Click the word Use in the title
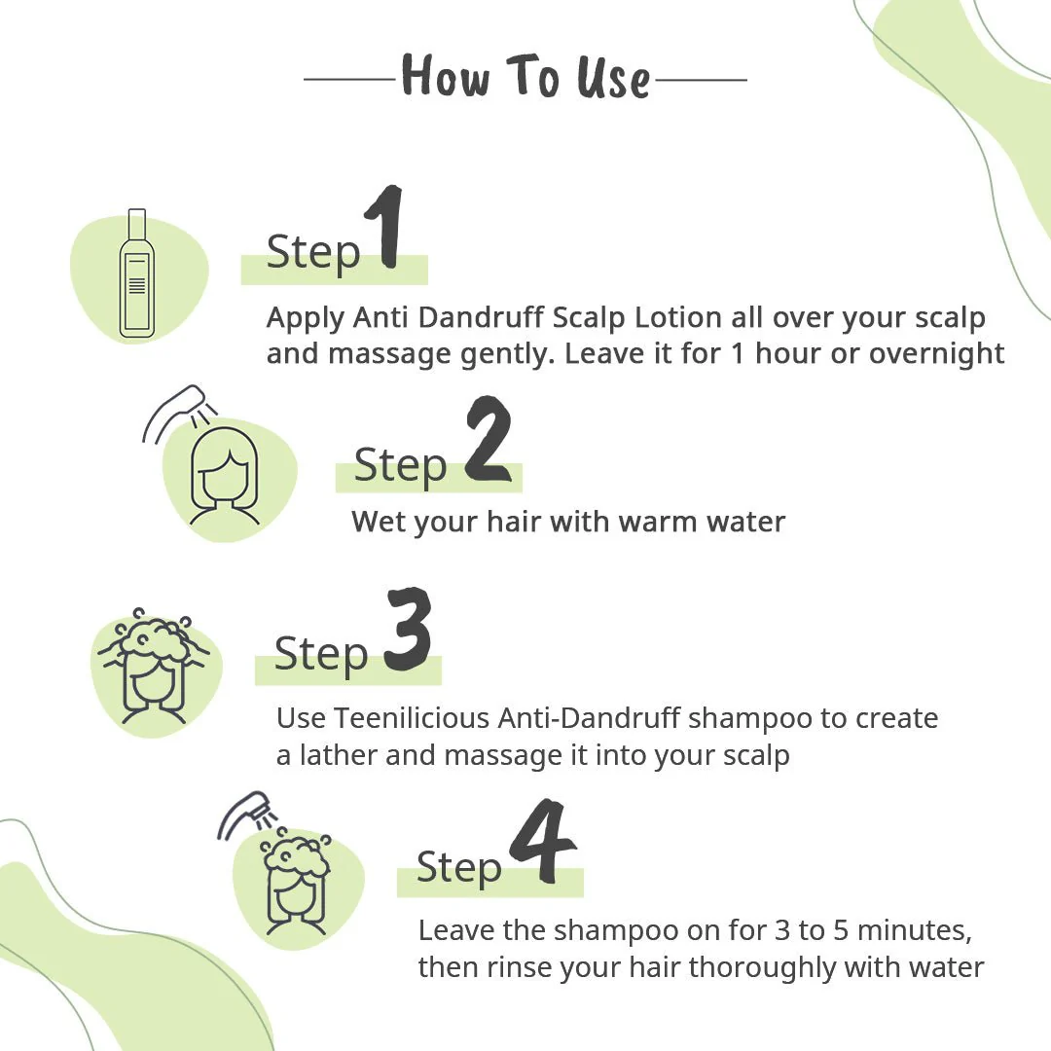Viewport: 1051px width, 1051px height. tap(613, 78)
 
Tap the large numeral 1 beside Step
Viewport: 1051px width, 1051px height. tap(386, 227)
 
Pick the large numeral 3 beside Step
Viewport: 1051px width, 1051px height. tap(408, 629)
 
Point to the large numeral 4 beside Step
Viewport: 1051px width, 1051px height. tap(543, 841)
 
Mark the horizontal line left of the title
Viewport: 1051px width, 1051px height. tap(349, 79)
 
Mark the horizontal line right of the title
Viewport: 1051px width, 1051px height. tap(701, 80)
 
